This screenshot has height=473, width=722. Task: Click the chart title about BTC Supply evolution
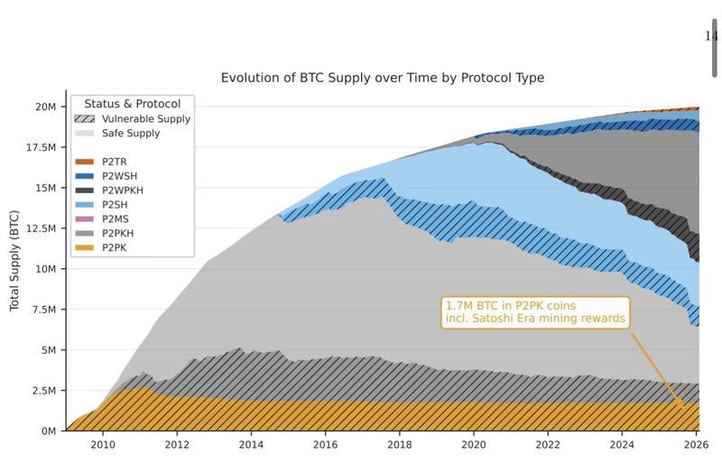(x=382, y=78)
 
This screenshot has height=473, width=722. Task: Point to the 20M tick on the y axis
(x=45, y=107)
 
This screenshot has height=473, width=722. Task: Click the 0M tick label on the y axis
(x=49, y=431)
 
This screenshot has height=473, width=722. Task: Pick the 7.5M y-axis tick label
(x=42, y=310)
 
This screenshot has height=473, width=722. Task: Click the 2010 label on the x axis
(x=102, y=445)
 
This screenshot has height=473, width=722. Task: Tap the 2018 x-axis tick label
(x=400, y=445)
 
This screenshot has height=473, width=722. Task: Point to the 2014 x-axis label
(x=251, y=445)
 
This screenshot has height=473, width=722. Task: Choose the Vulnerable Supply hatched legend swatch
(x=84, y=119)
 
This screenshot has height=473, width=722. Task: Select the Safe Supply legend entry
(x=131, y=134)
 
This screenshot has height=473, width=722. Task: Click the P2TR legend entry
(x=115, y=162)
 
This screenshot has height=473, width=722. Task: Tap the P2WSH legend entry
(x=119, y=176)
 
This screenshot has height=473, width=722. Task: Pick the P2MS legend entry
(x=116, y=218)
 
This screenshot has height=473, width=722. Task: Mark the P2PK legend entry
(x=115, y=247)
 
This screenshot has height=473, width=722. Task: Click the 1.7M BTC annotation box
(x=534, y=312)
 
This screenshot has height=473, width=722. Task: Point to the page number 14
(x=710, y=36)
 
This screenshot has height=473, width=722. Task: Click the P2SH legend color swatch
(x=84, y=205)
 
